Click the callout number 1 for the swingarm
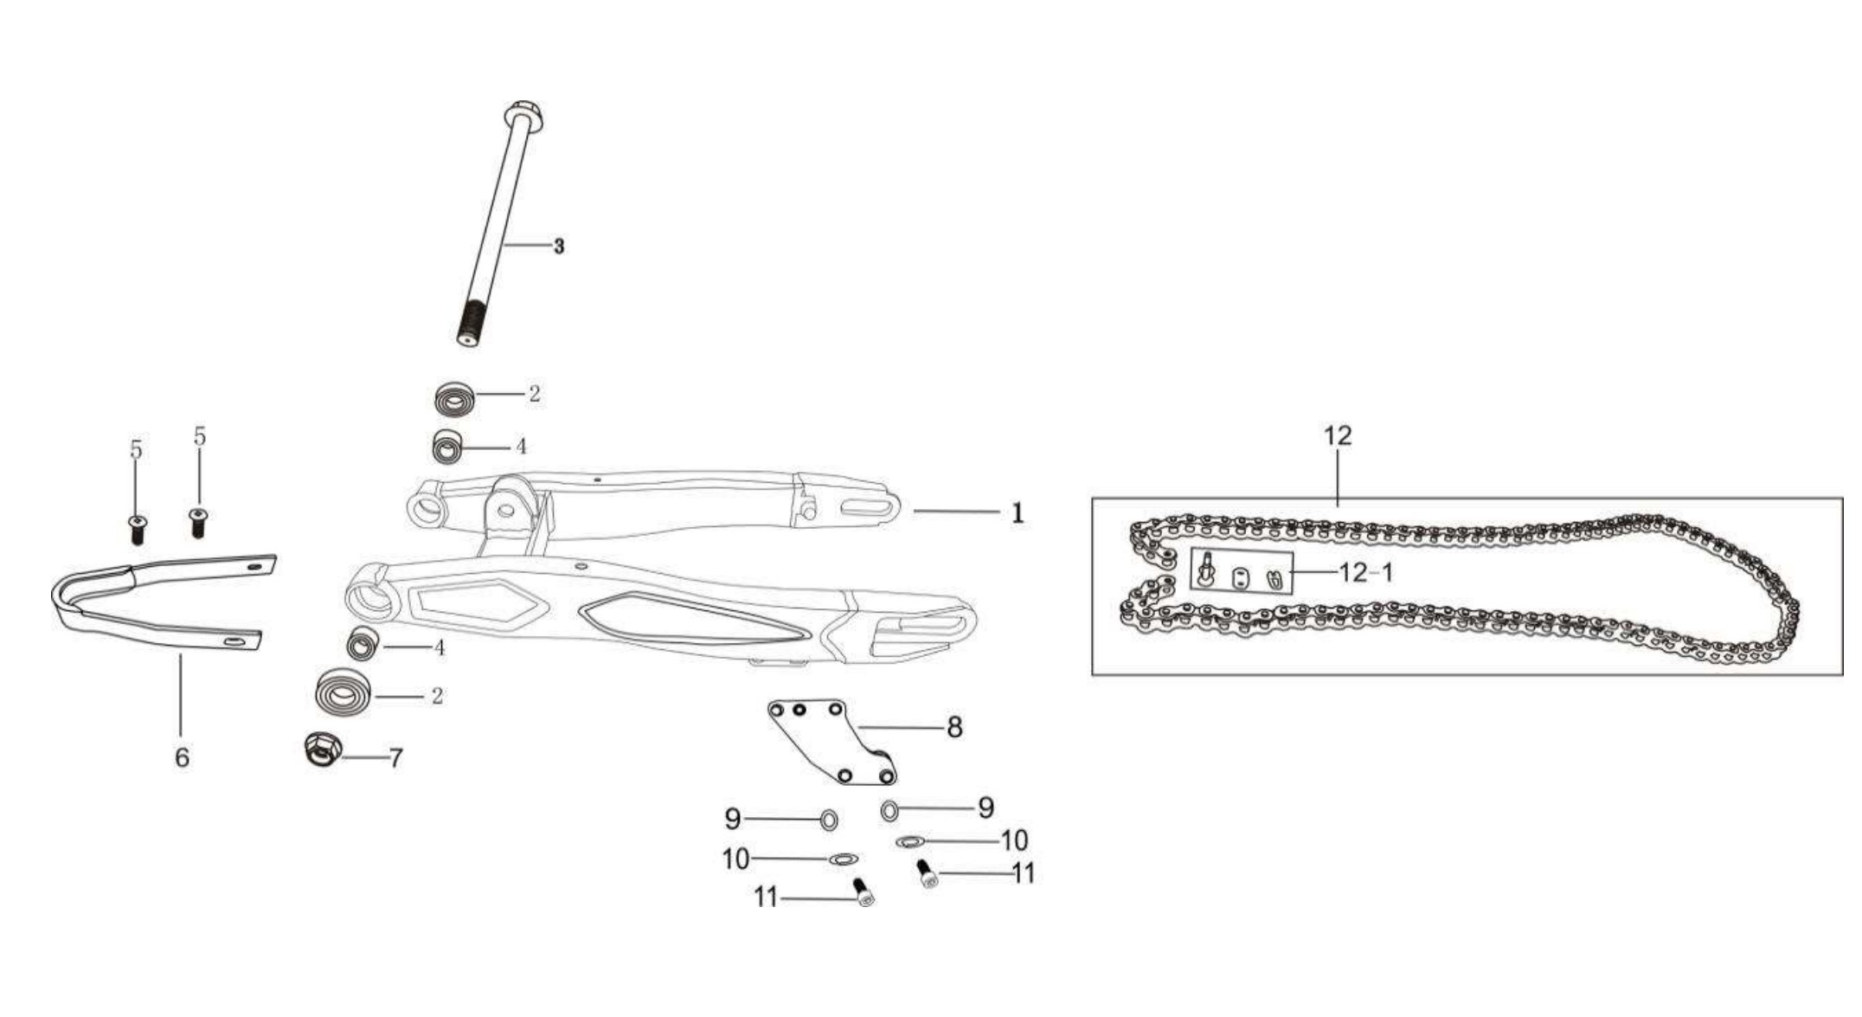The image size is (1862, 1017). tap(1018, 513)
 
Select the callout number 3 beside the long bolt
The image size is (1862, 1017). tap(559, 247)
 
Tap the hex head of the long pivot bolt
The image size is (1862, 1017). tap(523, 115)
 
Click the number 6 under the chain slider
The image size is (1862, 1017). tap(182, 757)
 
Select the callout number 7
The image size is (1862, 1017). tap(395, 759)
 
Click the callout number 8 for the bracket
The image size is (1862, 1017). tap(954, 727)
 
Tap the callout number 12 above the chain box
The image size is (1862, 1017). tap(1338, 435)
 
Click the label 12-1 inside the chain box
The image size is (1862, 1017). tap(1366, 573)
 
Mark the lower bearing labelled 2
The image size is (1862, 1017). tap(344, 692)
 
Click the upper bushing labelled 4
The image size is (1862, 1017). tap(446, 447)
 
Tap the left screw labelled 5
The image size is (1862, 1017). tap(137, 528)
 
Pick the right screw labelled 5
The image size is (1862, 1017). tap(198, 522)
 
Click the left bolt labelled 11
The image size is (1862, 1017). tap(864, 891)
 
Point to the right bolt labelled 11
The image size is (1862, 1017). tap(927, 873)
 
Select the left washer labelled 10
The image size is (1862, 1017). tap(842, 859)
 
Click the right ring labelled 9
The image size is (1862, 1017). tap(889, 811)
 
